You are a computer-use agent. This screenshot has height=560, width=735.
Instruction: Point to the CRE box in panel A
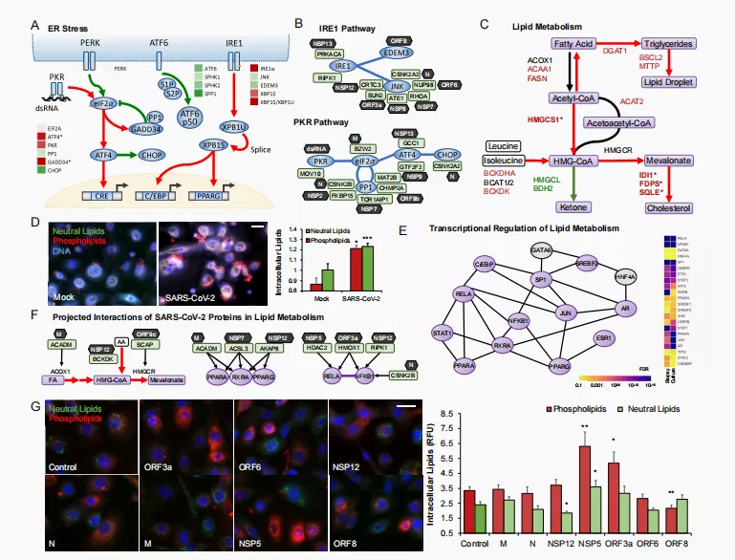click(x=101, y=196)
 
